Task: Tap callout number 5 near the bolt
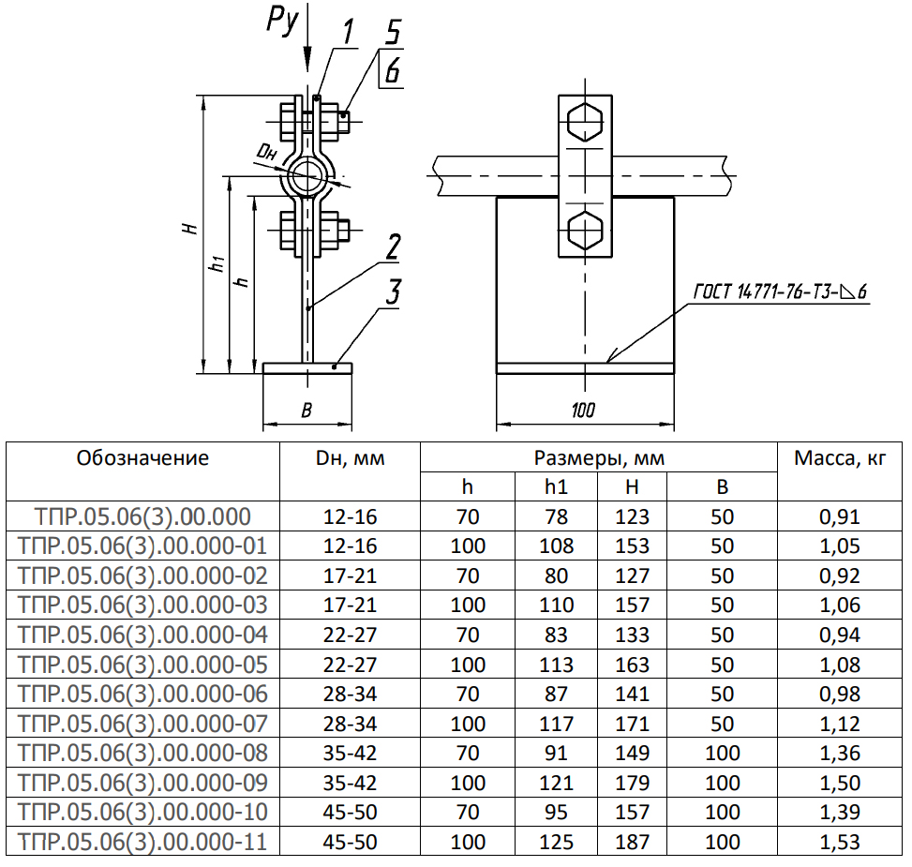393,33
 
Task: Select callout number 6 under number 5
393,69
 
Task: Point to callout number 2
392,247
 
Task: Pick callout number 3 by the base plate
392,291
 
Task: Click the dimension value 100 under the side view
583,410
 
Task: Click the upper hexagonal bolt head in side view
585,123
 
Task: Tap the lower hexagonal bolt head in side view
585,229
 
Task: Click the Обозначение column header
143,458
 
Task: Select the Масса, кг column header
839,458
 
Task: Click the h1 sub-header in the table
557,486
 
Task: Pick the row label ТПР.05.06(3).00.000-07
143,724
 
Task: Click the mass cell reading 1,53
839,842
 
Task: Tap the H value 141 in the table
633,694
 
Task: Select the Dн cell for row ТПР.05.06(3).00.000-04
350,635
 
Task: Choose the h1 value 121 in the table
557,783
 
